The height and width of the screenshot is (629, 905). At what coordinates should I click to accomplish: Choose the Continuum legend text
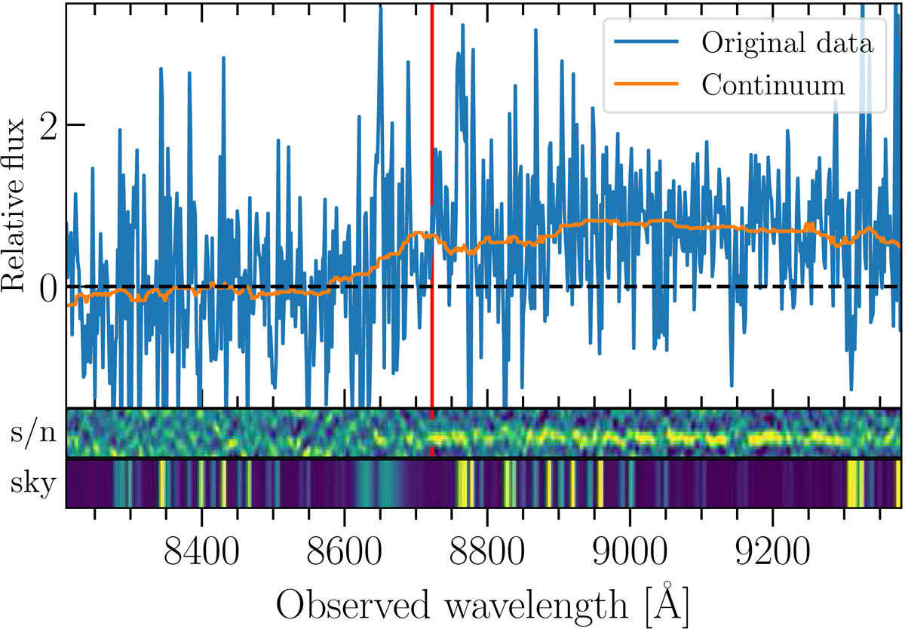[773, 85]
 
